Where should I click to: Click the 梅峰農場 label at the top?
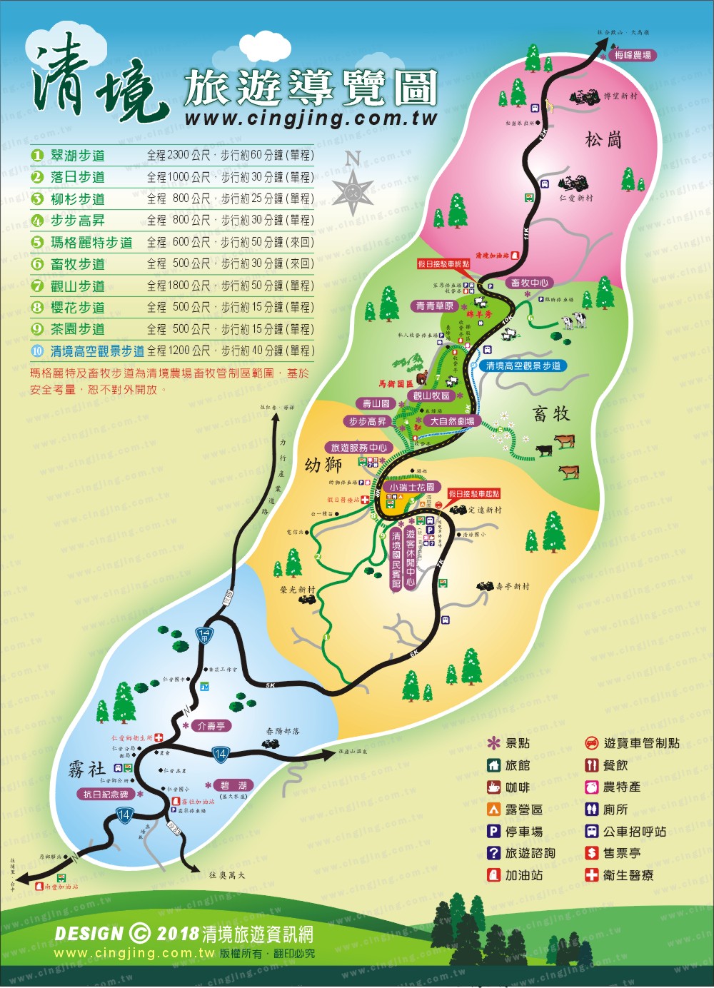click(x=633, y=55)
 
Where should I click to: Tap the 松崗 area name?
click(x=603, y=140)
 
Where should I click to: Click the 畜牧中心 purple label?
click(x=530, y=283)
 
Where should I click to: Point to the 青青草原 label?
click(x=435, y=306)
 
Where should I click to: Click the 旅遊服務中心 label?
click(x=358, y=448)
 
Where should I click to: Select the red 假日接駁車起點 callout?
click(x=474, y=494)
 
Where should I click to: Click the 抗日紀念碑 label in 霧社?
click(x=106, y=794)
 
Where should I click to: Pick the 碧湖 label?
click(x=233, y=785)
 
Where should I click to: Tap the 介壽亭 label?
click(x=211, y=726)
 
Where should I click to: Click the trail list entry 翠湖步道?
click(x=77, y=155)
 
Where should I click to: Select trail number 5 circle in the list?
click(x=37, y=242)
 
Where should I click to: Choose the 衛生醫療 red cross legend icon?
click(x=591, y=874)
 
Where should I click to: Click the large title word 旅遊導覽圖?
click(x=310, y=89)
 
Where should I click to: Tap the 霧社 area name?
click(x=86, y=768)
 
